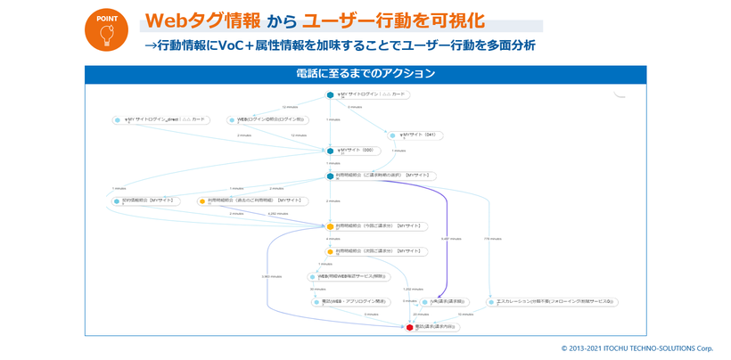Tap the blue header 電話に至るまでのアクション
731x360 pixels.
(365, 74)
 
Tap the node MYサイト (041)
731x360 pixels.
(415, 135)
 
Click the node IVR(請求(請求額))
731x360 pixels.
(446, 302)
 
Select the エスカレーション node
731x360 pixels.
(553, 302)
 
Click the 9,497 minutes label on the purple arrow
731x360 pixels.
(450, 239)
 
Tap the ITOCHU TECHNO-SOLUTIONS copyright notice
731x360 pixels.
(637, 348)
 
